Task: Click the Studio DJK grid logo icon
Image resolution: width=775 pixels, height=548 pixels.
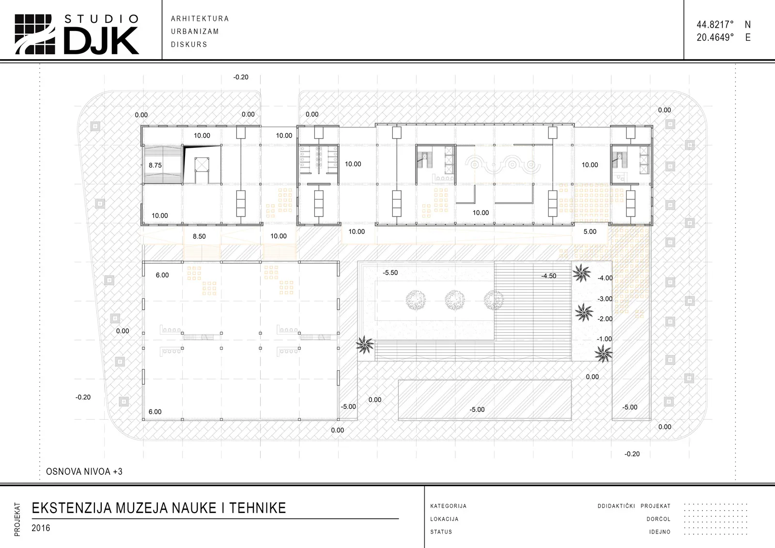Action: click(34, 34)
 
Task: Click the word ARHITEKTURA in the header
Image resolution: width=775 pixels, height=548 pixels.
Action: click(200, 19)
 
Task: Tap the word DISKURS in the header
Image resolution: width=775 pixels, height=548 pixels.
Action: click(189, 44)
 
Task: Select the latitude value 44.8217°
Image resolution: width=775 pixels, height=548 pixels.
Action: click(715, 25)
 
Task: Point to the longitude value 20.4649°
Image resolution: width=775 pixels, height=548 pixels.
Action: click(715, 37)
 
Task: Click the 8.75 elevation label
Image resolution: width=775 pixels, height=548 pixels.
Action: click(155, 165)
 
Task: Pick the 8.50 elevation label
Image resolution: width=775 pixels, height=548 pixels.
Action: click(199, 236)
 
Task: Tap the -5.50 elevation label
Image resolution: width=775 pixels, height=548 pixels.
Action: click(390, 273)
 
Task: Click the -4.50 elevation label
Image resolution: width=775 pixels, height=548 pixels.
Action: click(549, 276)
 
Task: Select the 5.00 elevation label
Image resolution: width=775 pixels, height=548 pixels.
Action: click(590, 232)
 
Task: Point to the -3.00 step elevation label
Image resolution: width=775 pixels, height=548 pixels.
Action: click(605, 299)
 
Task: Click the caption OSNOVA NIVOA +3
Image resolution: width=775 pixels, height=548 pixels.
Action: click(84, 471)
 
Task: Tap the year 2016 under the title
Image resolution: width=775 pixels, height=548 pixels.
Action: click(41, 528)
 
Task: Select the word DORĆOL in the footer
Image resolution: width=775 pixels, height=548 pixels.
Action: click(658, 519)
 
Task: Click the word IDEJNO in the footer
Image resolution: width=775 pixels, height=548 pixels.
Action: click(660, 532)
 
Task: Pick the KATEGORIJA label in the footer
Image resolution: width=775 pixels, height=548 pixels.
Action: click(449, 506)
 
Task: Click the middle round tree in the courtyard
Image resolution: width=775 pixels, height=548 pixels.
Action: click(455, 300)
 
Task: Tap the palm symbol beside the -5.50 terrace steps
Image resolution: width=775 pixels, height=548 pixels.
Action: click(365, 345)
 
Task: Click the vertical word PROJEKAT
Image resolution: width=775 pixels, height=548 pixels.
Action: click(17, 519)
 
